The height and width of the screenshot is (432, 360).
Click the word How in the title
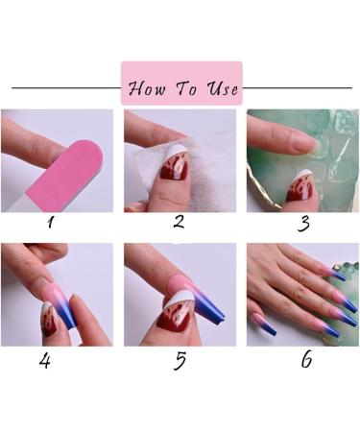(148, 88)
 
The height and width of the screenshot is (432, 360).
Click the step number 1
(51, 223)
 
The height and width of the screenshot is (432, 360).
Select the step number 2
(179, 223)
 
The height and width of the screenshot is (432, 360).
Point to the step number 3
(303, 225)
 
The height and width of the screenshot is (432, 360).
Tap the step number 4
(45, 364)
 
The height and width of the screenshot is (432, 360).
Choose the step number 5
(179, 364)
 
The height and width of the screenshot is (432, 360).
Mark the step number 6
(306, 363)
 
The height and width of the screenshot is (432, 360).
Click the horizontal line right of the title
(298, 88)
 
